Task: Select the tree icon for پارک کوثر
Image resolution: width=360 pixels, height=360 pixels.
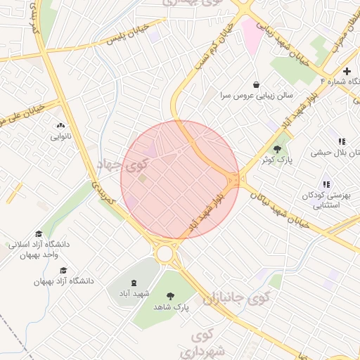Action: (278, 149)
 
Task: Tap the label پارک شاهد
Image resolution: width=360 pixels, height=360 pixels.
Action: (172, 307)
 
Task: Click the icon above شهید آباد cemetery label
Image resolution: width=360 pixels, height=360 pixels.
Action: (134, 281)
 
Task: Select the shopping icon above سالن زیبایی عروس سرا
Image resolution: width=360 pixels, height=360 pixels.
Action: (256, 84)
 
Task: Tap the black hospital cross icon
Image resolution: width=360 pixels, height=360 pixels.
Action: (347, 71)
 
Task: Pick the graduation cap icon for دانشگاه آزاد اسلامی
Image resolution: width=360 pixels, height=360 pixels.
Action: (39, 234)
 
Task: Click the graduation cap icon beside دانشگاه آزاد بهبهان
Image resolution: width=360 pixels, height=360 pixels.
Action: (63, 271)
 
